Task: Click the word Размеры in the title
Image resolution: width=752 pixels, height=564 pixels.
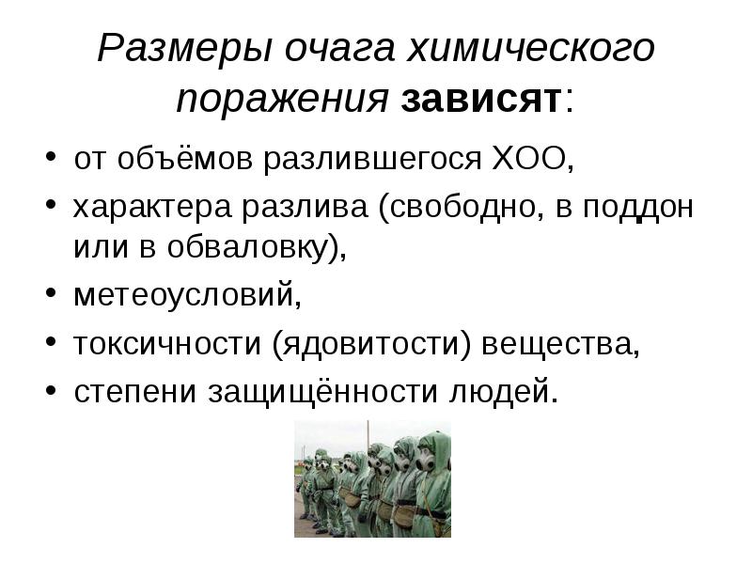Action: point(184,48)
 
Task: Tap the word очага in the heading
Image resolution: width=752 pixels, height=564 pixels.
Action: point(339,49)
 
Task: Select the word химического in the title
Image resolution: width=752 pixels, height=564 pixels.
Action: point(531,48)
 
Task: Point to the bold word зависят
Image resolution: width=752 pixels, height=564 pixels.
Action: point(481,100)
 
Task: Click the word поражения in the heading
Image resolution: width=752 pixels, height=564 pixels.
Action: point(283,101)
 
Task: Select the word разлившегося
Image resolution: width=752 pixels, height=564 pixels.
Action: point(372,160)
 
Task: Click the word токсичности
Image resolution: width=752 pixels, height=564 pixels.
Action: point(167,344)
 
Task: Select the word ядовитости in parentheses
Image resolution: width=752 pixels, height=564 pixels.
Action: point(371,344)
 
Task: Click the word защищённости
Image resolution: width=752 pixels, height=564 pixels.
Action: point(322,392)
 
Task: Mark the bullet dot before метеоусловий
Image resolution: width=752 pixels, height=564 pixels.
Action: point(52,293)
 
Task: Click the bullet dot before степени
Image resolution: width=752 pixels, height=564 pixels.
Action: point(52,390)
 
